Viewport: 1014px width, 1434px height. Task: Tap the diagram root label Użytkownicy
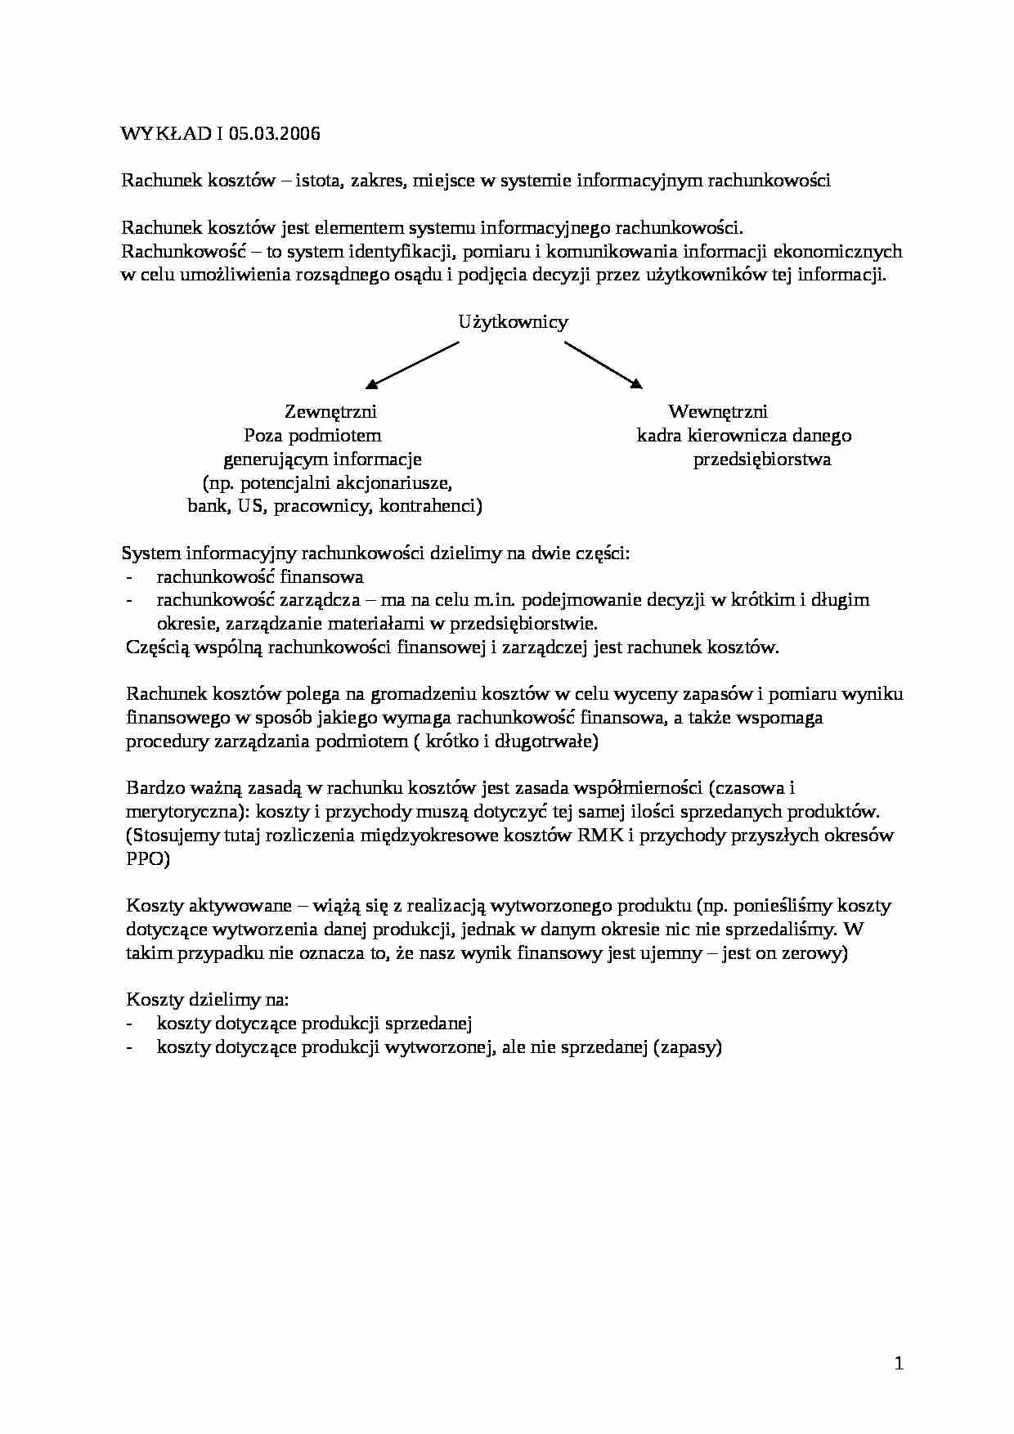pyautogui.click(x=513, y=322)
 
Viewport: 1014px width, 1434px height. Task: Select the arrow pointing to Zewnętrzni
pyautogui.click(x=413, y=364)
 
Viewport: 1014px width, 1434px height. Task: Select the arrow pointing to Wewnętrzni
pyautogui.click(x=603, y=364)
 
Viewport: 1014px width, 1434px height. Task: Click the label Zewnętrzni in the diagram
pyautogui.click(x=330, y=411)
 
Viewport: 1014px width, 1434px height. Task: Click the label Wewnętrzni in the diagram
pyautogui.click(x=717, y=411)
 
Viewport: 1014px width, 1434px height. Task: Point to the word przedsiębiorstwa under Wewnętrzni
pyautogui.click(x=762, y=459)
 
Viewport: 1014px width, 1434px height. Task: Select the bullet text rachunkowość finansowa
pyautogui.click(x=260, y=577)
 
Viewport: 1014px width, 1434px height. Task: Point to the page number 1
pyautogui.click(x=899, y=1363)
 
